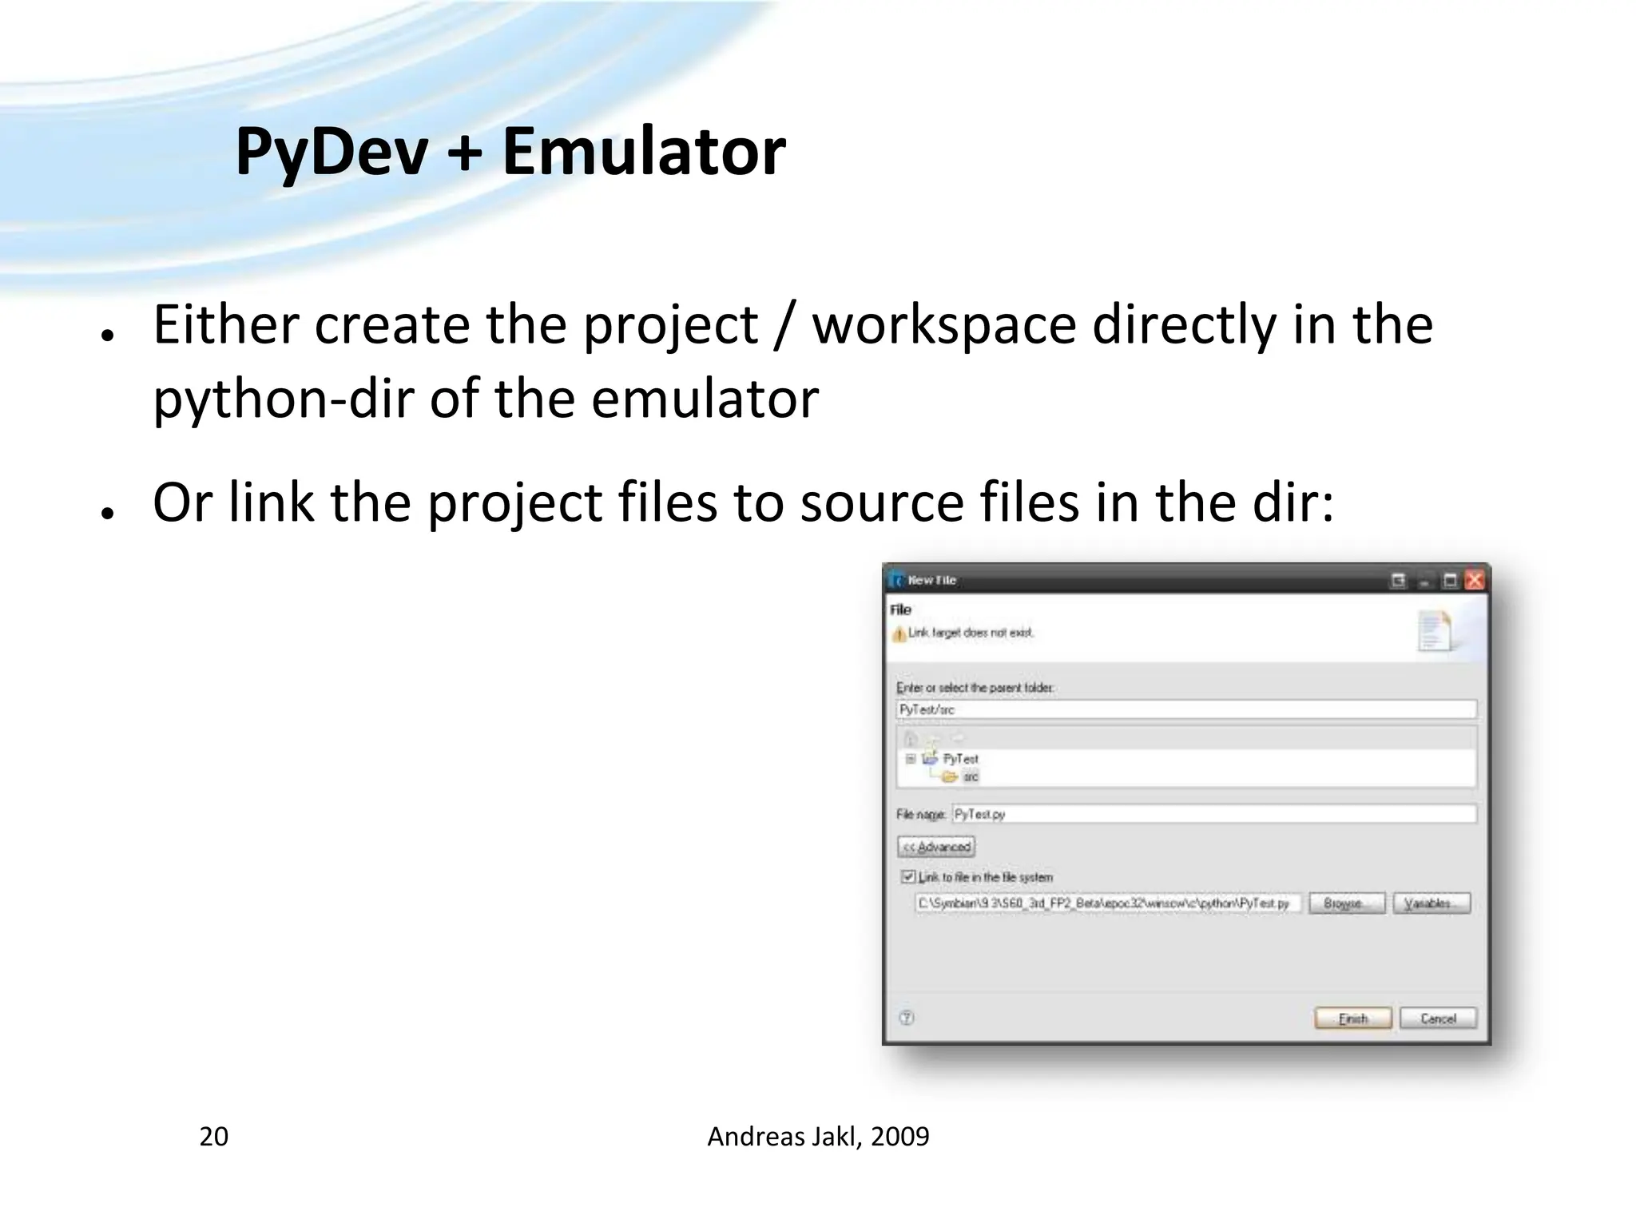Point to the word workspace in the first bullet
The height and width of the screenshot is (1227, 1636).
944,326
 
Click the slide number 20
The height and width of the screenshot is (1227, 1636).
213,1137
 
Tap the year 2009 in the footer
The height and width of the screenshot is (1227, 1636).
899,1137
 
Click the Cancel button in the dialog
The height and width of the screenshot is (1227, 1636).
1438,1019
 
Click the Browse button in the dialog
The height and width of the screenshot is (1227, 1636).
1347,903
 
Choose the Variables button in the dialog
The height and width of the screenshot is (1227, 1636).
1431,903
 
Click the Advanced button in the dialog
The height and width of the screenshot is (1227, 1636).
936,847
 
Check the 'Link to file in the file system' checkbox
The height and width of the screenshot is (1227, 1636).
908,877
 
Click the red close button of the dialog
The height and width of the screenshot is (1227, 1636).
1475,581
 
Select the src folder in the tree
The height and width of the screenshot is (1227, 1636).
970,777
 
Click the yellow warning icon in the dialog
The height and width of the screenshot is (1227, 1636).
899,634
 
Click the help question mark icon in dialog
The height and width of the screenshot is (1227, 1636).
907,1018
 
